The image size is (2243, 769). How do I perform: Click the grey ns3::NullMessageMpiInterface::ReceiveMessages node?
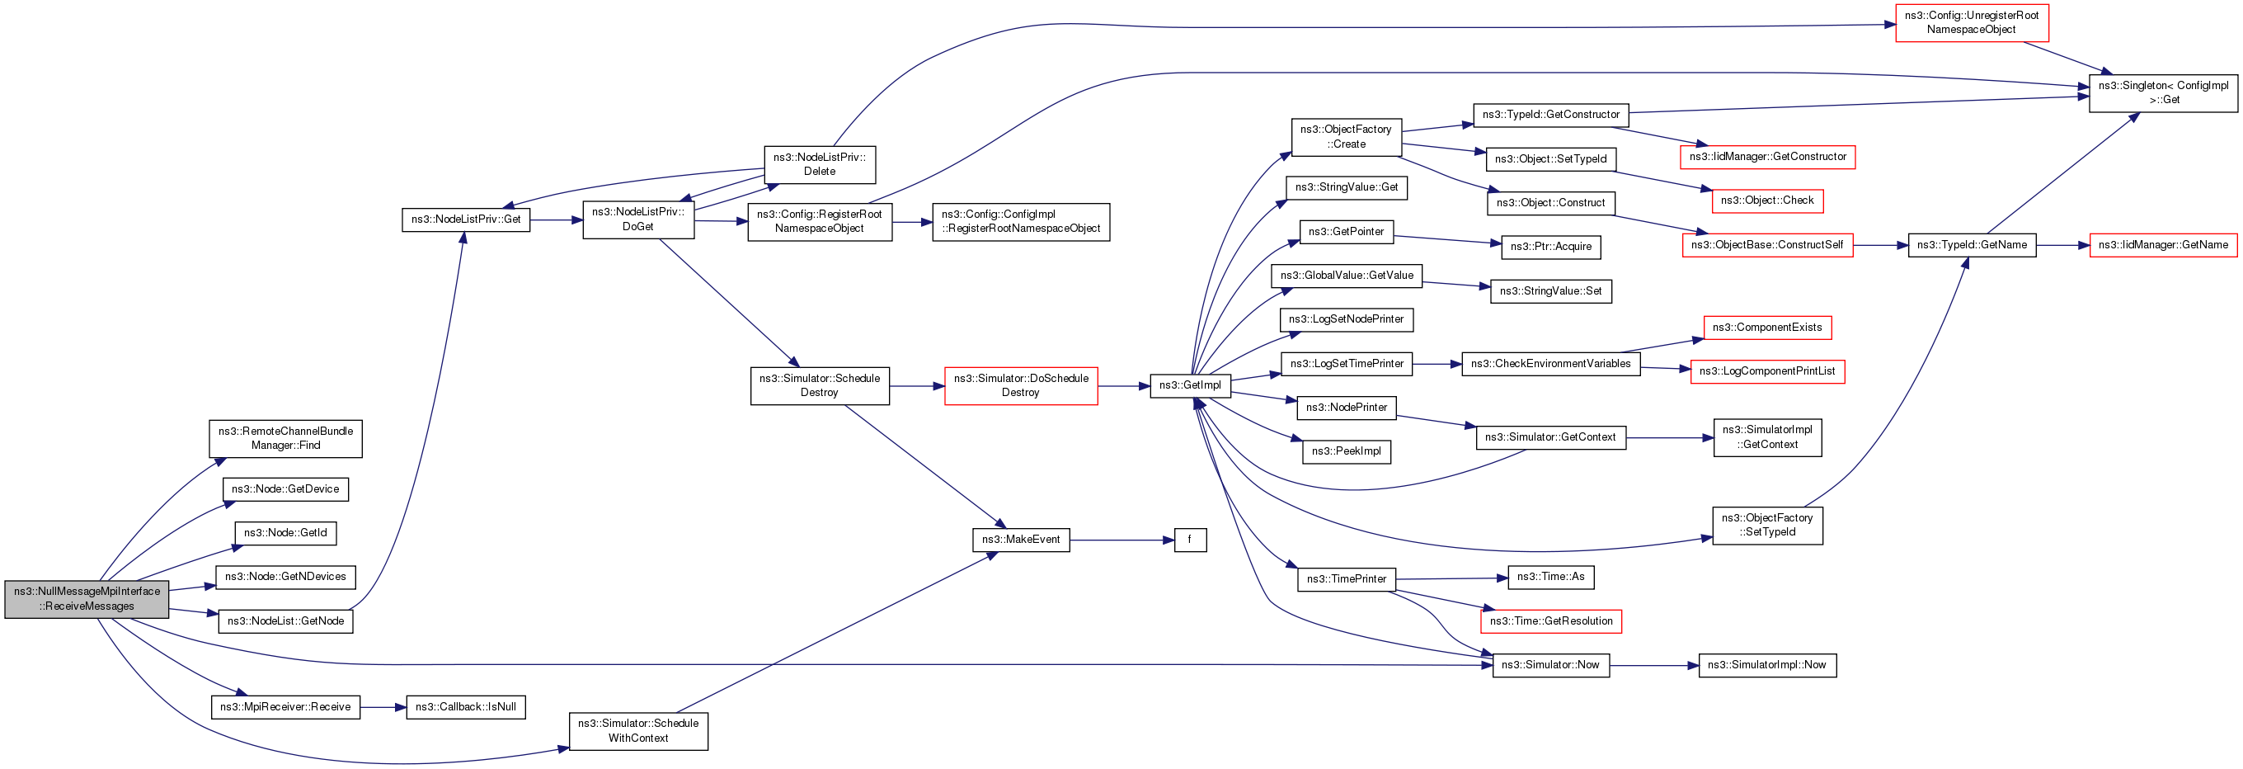point(87,598)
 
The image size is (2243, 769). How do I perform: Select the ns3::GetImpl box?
point(1190,385)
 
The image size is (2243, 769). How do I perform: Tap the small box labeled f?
point(1190,540)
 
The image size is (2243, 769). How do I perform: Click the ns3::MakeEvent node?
point(1021,540)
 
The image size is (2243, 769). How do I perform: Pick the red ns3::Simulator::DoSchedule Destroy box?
point(1021,386)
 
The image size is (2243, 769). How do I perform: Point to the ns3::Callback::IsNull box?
point(466,707)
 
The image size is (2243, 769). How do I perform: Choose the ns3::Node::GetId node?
point(285,533)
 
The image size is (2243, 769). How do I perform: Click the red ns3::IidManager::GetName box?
point(2163,245)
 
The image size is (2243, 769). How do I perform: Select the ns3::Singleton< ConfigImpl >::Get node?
point(2163,93)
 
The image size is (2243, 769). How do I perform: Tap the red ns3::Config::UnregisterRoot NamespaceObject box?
point(1972,22)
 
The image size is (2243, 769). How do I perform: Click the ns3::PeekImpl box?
point(1346,451)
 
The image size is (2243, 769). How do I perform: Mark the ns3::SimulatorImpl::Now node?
point(1766,665)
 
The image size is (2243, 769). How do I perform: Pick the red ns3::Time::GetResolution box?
point(1551,621)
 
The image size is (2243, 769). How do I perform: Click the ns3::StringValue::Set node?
point(1551,291)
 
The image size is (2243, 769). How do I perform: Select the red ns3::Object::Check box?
point(1766,201)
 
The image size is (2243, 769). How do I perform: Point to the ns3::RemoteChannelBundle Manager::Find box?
point(285,438)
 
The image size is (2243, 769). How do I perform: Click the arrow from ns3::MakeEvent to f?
point(1122,540)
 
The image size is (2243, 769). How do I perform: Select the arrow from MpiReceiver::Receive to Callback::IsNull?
point(383,707)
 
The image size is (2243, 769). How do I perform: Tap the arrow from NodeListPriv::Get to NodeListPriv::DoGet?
point(557,220)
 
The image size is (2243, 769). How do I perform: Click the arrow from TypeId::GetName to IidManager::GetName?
point(2062,245)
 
